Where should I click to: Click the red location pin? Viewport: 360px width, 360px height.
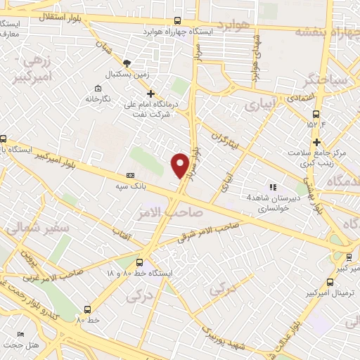click(181, 165)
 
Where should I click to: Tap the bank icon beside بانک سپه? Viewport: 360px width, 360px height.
click(129, 175)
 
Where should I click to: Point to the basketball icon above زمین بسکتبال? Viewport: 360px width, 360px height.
click(127, 63)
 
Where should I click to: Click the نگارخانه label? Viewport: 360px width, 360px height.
click(98, 99)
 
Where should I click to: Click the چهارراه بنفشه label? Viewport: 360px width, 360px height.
click(326, 32)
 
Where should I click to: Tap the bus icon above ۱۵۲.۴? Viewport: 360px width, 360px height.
click(317, 113)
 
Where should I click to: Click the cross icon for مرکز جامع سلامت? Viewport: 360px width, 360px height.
click(317, 142)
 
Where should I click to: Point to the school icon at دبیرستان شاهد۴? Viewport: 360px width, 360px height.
click(273, 187)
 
